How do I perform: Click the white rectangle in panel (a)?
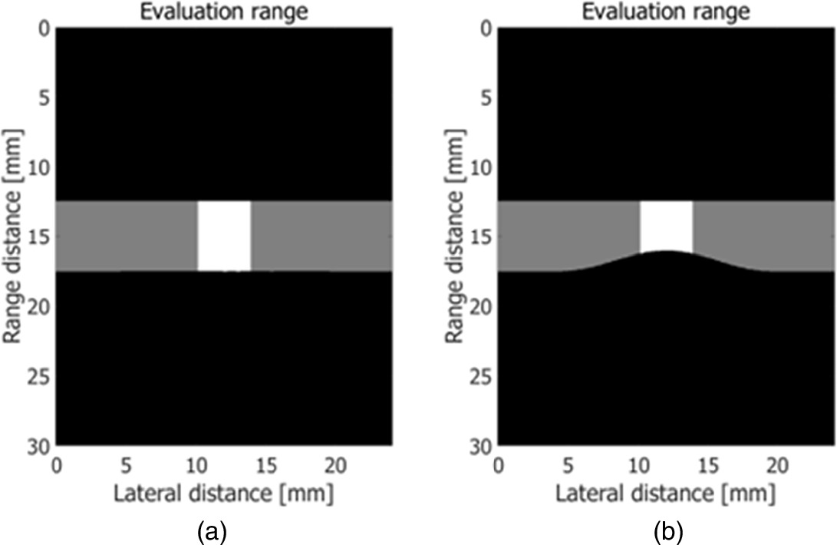(x=224, y=236)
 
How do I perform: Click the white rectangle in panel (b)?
(x=666, y=226)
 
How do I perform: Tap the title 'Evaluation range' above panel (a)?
(x=224, y=11)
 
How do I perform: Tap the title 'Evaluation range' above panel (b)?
(x=666, y=11)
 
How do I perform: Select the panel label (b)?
(x=666, y=528)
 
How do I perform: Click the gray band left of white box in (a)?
(x=127, y=236)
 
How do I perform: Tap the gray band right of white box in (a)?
(x=322, y=236)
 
